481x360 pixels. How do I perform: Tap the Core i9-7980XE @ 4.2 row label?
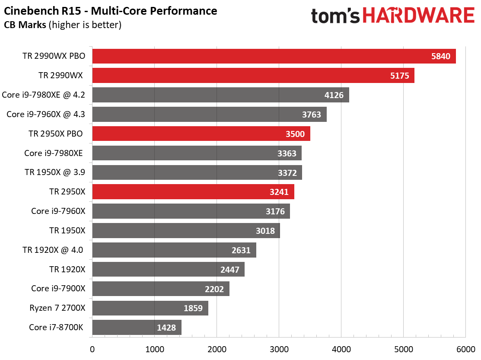coord(44,95)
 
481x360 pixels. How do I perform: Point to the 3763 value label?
coord(312,115)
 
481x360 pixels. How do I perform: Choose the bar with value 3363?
coord(197,153)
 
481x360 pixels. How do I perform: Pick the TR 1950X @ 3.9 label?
coord(55,172)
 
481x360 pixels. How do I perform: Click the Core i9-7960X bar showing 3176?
coord(191,211)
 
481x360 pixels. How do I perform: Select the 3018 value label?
coord(265,231)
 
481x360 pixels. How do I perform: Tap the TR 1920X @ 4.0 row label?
coord(53,250)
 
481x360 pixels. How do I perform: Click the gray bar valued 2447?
coord(168,269)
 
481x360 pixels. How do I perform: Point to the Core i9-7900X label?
coord(58,288)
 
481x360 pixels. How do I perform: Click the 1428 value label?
coord(167,328)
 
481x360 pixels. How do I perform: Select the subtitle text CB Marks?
coord(25,25)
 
